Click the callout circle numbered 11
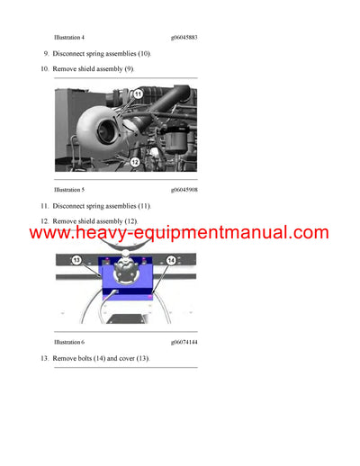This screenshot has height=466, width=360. point(138,94)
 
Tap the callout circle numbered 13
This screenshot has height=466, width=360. point(76,260)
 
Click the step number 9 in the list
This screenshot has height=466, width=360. point(46,54)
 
